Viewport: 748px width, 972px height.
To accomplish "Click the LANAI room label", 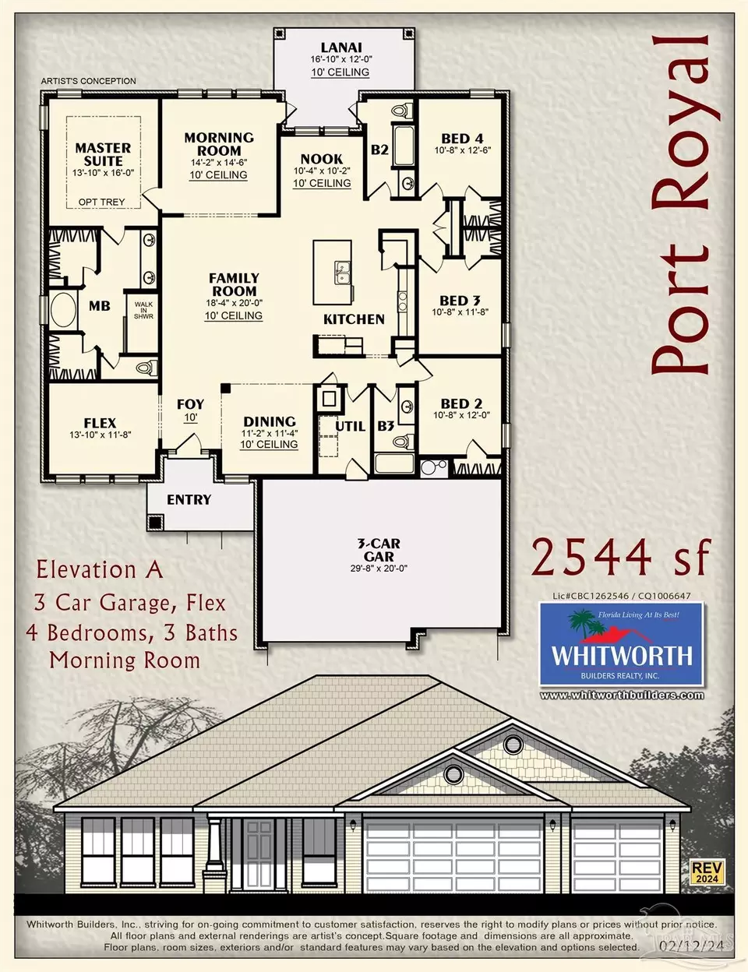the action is pos(341,47).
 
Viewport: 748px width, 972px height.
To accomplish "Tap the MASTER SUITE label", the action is pos(103,154).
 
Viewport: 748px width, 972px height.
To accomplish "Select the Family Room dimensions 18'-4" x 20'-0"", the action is pos(234,303).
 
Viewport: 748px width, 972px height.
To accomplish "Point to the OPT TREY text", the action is pos(101,202).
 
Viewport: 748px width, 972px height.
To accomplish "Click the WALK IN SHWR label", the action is pos(143,310).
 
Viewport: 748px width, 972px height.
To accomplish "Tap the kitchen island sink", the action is pos(342,273).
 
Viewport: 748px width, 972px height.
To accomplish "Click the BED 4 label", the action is pos(462,139).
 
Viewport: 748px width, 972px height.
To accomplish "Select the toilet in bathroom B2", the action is pos(402,110).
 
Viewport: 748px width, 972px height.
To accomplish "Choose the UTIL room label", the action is pos(351,426).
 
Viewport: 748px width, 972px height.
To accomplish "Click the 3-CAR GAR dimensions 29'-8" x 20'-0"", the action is pos(379,569).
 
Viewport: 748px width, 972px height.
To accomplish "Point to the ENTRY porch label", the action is pos(189,500).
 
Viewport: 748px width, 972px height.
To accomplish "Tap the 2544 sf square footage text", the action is pos(621,558).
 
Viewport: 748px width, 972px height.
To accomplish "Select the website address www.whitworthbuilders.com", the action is pos(622,696).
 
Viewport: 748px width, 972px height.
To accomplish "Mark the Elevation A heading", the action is pos(99,570).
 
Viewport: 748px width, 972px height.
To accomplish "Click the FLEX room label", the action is pos(101,423).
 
